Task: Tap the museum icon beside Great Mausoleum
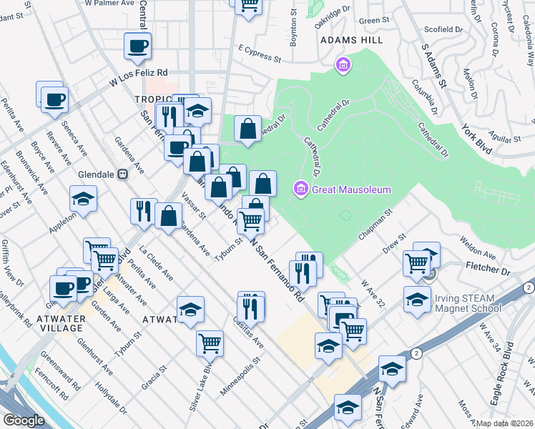[x=301, y=189]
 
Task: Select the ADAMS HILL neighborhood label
[x=347, y=41]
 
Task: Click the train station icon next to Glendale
[x=122, y=174]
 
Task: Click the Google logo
[x=24, y=420]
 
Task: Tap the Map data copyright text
[x=504, y=423]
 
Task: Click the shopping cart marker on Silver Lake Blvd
[x=210, y=343]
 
